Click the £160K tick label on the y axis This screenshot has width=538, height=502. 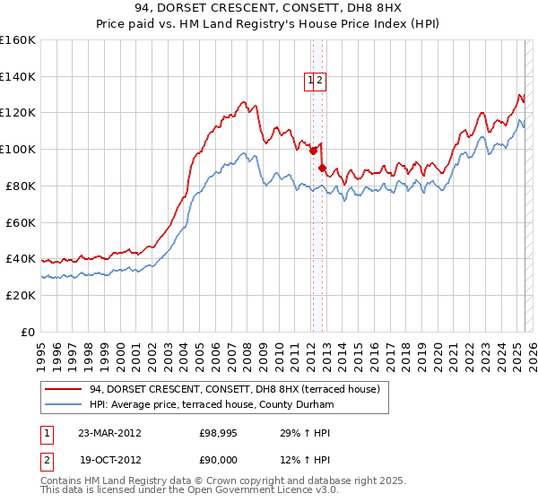(x=18, y=40)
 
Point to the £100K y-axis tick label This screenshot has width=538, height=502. (x=18, y=149)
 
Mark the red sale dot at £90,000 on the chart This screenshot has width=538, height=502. (x=322, y=167)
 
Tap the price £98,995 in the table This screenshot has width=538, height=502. (x=218, y=433)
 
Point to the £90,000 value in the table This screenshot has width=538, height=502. (x=218, y=459)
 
